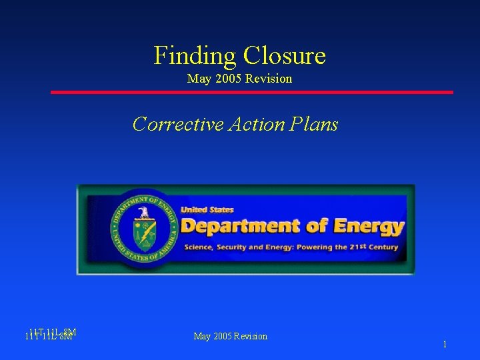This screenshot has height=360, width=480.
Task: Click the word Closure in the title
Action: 285,55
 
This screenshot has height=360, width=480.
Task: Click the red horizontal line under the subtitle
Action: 252,92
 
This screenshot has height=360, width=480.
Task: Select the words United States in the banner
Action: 207,210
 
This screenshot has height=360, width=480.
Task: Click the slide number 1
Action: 445,345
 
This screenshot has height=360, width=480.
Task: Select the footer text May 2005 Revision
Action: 230,336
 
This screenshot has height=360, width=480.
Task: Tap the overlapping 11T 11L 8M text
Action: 50,334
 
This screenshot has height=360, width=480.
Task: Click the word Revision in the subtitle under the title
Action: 269,79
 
